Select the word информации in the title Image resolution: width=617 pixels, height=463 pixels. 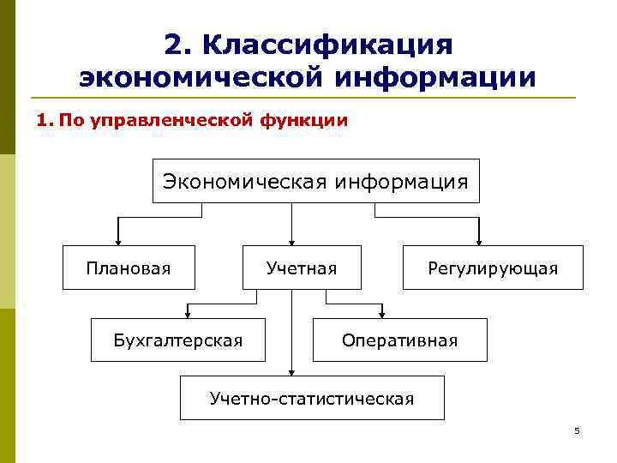tap(436, 77)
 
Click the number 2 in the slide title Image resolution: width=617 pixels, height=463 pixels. tap(172, 45)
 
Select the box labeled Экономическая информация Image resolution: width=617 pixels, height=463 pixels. tap(316, 181)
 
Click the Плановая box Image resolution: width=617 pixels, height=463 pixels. tap(129, 268)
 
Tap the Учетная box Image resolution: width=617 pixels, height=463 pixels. tap(302, 268)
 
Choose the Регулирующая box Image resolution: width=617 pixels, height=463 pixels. tap(493, 268)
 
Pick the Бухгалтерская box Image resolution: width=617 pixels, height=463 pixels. tap(178, 340)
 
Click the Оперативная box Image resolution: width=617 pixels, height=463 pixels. tap(400, 340)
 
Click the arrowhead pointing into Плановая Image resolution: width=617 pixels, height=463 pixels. tap(117, 242)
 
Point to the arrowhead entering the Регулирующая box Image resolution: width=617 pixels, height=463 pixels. tap(479, 242)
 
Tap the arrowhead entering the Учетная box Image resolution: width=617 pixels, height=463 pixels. tap(292, 242)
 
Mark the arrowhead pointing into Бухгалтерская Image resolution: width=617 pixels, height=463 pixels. tap(186, 314)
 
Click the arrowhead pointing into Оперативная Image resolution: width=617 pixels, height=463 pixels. tap(382, 314)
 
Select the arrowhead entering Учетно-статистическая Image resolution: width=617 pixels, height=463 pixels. tap(292, 372)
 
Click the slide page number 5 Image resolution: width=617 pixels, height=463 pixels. tap(577, 430)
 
